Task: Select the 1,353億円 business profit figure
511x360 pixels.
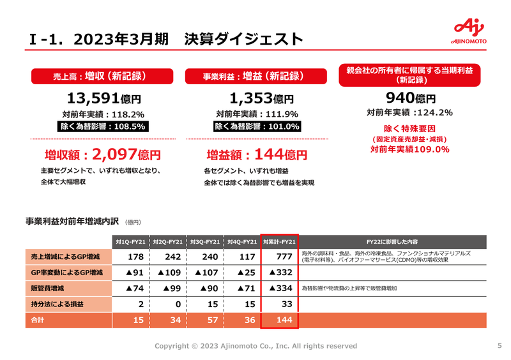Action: tap(261, 99)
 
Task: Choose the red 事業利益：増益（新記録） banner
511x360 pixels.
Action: tap(253, 76)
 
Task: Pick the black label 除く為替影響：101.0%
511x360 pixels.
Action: tap(257, 126)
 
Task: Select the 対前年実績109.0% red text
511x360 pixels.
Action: tap(409, 149)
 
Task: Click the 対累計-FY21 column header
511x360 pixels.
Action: tap(279, 242)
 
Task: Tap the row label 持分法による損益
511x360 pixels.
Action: tap(61, 303)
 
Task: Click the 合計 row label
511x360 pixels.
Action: tap(38, 319)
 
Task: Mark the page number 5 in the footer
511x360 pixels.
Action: tap(499, 346)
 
